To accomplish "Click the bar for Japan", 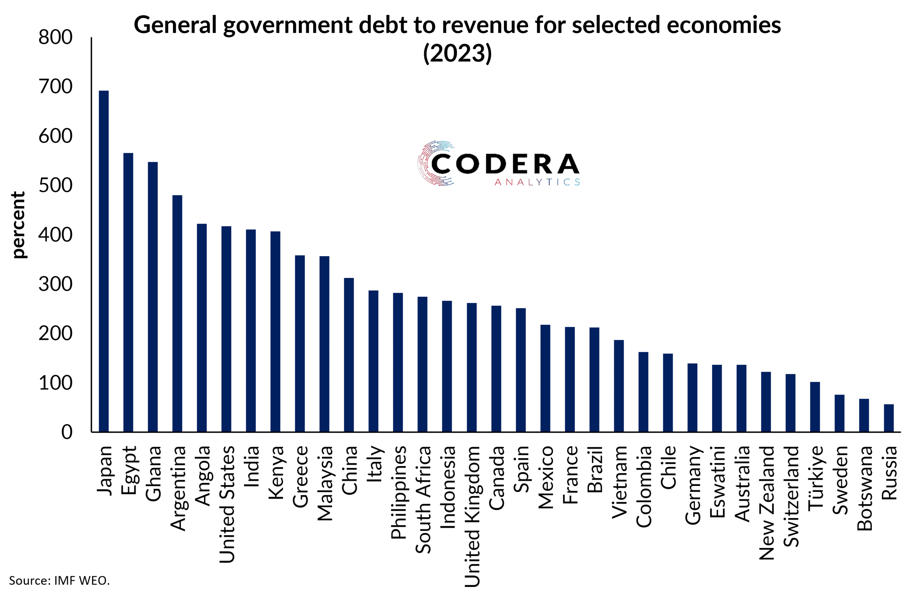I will click(104, 261).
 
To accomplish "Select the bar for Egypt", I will click(128, 292).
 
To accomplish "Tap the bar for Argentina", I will click(177, 313).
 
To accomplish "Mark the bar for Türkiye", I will click(815, 407).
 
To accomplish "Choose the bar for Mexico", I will click(545, 378).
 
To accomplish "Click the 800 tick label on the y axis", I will click(55, 38).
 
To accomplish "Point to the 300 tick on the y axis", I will click(55, 285).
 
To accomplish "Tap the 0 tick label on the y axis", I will click(66, 432).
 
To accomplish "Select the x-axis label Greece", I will click(300, 476).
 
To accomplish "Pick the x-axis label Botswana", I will click(864, 488).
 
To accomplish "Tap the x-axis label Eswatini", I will click(717, 482).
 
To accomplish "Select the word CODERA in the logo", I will click(505, 164).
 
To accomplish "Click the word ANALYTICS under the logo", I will click(537, 182).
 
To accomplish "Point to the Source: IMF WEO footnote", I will click(59, 580).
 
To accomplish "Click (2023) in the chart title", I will click(457, 53).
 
